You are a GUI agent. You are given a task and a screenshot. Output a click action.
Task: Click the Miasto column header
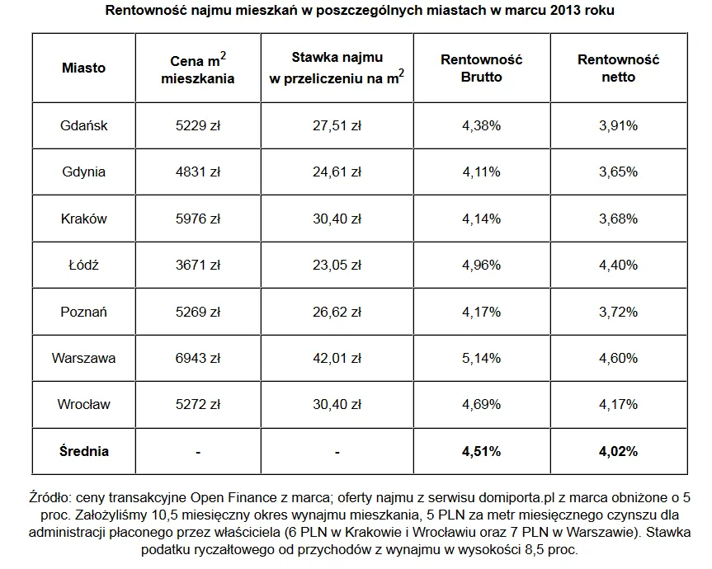[x=84, y=68]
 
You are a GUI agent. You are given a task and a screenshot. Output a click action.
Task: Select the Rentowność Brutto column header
[x=482, y=68]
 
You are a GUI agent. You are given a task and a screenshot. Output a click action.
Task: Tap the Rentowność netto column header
[x=618, y=68]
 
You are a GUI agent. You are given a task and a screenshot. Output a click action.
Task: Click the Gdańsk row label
[x=84, y=126]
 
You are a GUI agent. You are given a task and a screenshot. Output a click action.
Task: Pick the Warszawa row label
[x=83, y=359]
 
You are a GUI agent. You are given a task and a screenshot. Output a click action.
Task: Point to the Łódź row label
[x=84, y=266]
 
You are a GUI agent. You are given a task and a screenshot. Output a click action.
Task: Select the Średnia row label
[x=84, y=451]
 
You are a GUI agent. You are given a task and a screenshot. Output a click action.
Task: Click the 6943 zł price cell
[x=198, y=359]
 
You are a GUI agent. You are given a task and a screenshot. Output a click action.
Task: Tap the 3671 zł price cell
[x=198, y=266]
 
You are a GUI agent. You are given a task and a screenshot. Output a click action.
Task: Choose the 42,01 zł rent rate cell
[x=338, y=359]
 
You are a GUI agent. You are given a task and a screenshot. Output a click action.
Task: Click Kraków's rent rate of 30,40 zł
[x=338, y=219]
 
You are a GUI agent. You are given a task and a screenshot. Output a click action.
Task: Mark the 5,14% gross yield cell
[x=482, y=359]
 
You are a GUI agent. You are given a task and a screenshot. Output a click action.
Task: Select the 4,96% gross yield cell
[x=482, y=266]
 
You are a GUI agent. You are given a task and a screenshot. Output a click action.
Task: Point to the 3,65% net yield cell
[x=618, y=172]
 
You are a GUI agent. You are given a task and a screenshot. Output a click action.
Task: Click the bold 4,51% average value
[x=482, y=451]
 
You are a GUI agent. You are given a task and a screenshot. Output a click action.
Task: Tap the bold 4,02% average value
[x=618, y=451]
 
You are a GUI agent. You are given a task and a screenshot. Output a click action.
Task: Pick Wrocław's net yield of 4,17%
[x=618, y=405]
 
